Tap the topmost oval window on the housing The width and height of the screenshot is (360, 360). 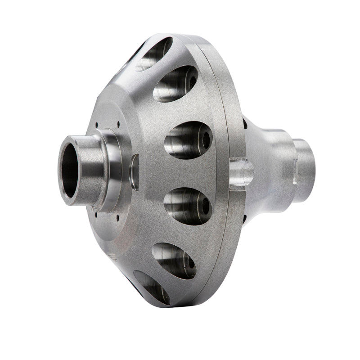tap(154, 54)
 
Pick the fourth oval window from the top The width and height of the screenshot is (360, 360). tap(187, 206)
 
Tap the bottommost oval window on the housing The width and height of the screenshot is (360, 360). tap(152, 287)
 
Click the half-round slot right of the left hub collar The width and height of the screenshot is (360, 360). tap(134, 172)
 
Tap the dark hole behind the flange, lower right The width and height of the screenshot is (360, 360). tap(245, 220)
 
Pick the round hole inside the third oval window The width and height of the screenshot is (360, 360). tap(207, 140)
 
